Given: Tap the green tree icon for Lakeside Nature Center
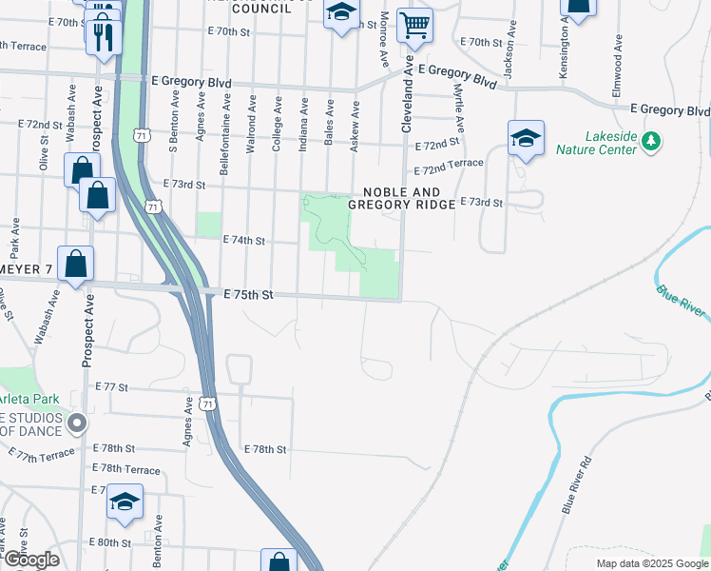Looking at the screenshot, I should point(651,141).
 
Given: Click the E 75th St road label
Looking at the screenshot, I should point(249,295).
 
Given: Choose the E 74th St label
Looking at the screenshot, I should point(243,241).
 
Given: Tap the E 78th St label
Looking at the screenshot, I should point(265,448).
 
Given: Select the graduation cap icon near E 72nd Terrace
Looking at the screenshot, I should point(525,137).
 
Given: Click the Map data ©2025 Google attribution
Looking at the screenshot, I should point(651,563).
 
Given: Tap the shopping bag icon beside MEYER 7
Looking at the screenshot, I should point(75,264).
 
